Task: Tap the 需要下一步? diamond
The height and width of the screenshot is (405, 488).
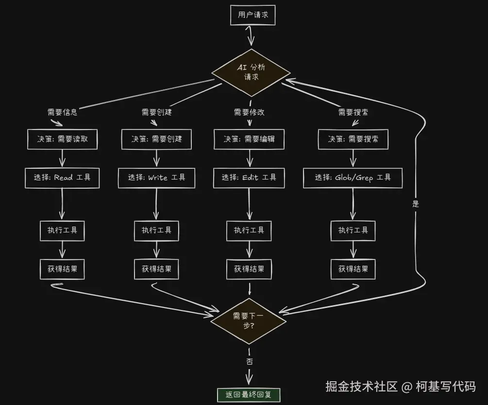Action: click(249, 321)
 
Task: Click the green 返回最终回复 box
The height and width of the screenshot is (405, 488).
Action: click(249, 395)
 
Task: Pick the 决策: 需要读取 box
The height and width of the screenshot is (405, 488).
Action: click(62, 139)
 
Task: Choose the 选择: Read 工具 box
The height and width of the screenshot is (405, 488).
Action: click(62, 178)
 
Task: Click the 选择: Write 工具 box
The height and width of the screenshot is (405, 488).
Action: click(156, 178)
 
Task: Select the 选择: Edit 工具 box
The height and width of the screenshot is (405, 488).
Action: click(249, 178)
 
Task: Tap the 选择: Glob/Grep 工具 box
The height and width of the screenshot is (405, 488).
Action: click(353, 178)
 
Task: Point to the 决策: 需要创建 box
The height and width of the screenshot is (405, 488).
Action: click(156, 139)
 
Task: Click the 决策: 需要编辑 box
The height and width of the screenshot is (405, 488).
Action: click(249, 139)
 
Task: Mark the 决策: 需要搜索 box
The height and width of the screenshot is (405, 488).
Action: click(353, 139)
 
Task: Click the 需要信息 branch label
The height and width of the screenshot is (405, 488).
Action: click(62, 112)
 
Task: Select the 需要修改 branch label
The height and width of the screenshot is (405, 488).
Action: click(249, 112)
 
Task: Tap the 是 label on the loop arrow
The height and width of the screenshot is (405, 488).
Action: click(416, 204)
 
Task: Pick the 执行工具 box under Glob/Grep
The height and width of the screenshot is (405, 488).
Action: click(353, 230)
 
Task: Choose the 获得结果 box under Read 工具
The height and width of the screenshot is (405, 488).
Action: click(62, 269)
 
